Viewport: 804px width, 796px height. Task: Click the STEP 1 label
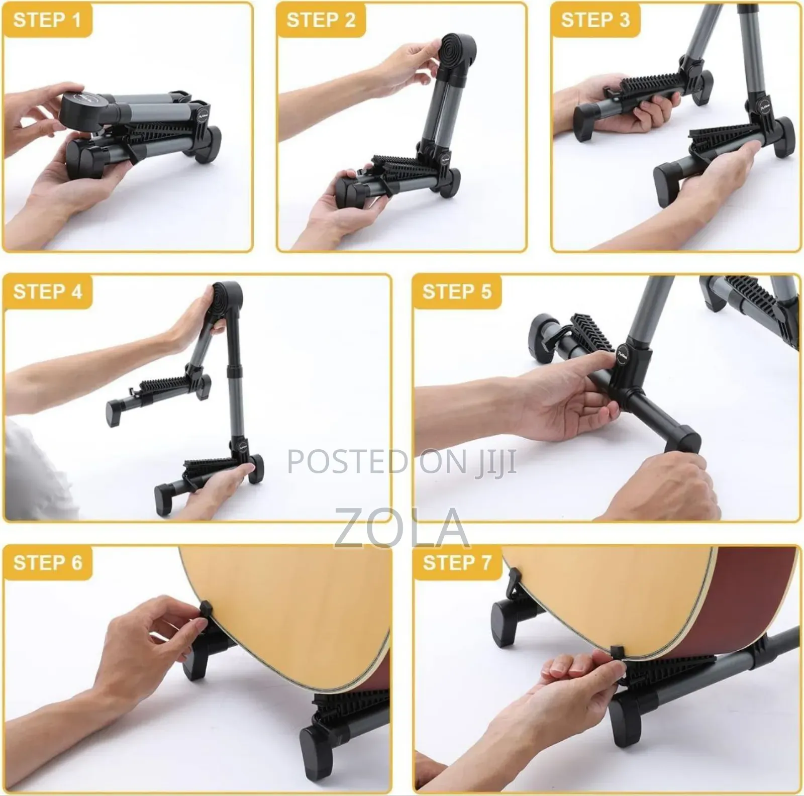click(47, 20)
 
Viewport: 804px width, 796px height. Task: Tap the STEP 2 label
click(321, 20)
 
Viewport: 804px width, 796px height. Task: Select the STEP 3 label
click(595, 20)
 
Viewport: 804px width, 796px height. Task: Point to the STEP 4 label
click(47, 292)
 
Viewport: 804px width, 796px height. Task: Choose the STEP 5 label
click(457, 292)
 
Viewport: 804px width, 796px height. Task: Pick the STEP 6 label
click(47, 563)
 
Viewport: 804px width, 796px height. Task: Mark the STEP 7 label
click(457, 563)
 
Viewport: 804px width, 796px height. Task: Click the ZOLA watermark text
click(402, 528)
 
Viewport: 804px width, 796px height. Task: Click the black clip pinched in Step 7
click(617, 655)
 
